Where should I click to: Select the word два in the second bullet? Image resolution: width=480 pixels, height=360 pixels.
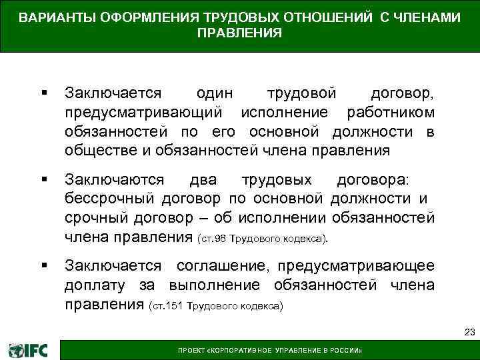tap(202, 179)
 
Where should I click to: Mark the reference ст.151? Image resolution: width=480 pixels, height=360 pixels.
tap(169, 307)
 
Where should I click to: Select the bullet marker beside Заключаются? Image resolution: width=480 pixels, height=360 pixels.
tap(43, 179)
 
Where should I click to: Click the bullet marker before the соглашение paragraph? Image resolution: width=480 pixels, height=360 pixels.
tap(43, 266)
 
